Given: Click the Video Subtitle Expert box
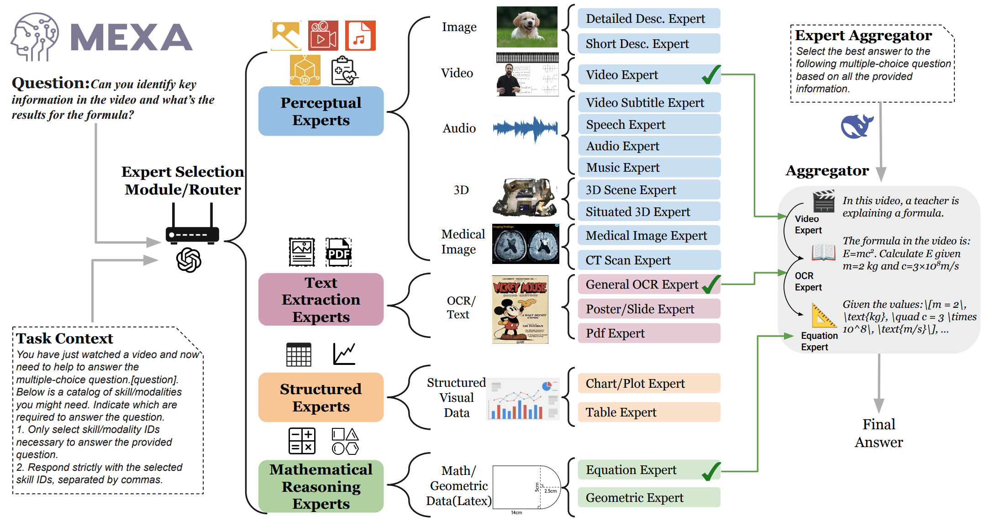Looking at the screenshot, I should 648,103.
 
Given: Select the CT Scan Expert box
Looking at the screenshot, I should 648,260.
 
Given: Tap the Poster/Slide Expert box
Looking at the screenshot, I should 648,309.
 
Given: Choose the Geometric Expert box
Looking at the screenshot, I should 648,498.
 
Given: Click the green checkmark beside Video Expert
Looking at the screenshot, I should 711,74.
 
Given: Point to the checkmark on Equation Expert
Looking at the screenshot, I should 711,471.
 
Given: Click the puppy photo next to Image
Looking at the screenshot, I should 527,27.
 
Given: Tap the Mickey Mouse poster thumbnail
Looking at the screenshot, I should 520,310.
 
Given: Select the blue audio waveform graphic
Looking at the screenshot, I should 526,128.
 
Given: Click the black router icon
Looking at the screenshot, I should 192,228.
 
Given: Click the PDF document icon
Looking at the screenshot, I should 338,252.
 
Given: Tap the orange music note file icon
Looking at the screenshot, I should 360,36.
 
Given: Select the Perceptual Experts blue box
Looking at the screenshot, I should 321,111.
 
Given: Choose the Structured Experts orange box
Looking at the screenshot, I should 321,397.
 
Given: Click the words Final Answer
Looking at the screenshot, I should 879,433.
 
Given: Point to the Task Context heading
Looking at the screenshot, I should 64,338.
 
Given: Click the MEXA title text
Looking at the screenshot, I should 132,37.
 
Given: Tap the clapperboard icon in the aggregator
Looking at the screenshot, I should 824,201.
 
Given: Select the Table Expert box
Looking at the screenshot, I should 648,412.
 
